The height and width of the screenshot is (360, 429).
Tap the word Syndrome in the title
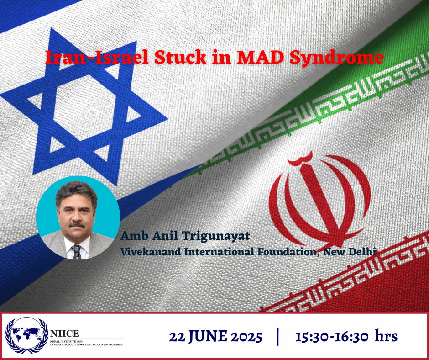337,58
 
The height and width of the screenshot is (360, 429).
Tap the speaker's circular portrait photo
78,218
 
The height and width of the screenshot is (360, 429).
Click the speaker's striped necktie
77,252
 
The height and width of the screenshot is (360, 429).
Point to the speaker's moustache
77,225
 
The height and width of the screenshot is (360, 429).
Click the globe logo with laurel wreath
27,336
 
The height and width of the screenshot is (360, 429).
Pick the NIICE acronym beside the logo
64,334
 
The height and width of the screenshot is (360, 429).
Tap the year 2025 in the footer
247,337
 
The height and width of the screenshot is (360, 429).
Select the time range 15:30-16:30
332,337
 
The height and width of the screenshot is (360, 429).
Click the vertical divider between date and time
278,336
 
